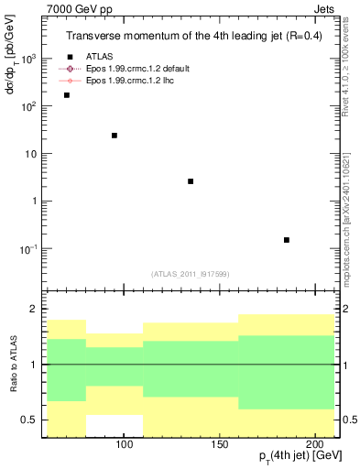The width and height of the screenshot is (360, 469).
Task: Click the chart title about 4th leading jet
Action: [191, 37]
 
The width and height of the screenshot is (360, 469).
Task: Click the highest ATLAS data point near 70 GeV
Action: [66, 95]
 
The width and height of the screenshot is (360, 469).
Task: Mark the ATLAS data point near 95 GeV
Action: [115, 136]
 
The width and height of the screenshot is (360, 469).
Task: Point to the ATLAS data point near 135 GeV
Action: [191, 181]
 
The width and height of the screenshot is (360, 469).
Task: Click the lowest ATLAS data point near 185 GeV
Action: [287, 240]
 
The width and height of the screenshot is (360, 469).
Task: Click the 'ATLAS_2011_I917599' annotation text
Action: [191, 274]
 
